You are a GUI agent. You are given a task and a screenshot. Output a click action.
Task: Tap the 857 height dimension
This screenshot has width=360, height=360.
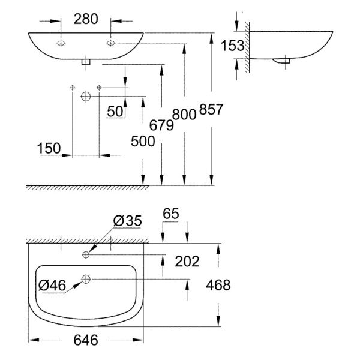click(x=213, y=110)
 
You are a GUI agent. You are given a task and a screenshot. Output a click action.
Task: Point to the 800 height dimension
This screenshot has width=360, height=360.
click(x=184, y=113)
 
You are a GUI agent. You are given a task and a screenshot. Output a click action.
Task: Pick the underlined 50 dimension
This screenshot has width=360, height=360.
click(x=116, y=112)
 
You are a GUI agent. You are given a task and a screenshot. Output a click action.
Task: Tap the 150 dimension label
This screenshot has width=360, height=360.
click(x=48, y=148)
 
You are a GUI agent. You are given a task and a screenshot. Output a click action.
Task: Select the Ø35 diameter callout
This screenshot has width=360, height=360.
click(x=127, y=221)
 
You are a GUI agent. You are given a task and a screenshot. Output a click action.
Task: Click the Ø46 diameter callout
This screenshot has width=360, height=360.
click(x=52, y=285)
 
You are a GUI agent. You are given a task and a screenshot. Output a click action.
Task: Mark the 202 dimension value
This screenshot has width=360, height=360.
click(x=187, y=260)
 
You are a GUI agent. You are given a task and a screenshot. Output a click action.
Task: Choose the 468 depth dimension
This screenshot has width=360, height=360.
click(x=217, y=285)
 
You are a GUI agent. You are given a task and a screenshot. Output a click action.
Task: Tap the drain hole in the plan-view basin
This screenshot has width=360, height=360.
click(x=86, y=279)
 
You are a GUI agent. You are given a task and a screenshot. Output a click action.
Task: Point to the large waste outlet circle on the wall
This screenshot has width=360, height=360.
click(x=86, y=96)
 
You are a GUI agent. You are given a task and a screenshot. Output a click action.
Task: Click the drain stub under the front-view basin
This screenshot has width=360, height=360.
click(x=86, y=60)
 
